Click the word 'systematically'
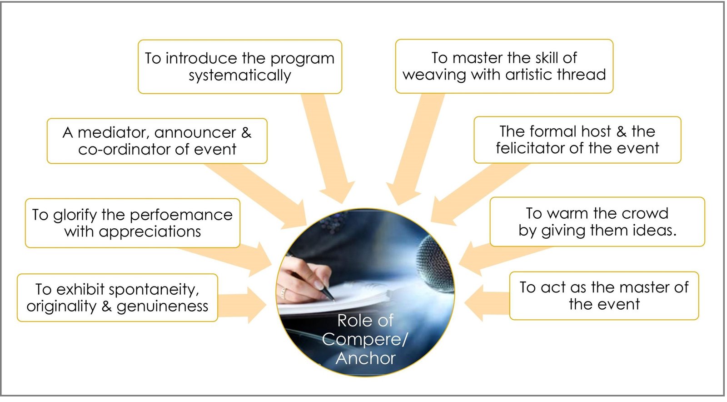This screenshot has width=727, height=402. [x=240, y=75]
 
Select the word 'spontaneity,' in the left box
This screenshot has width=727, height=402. [x=154, y=290]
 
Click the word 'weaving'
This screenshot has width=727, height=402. [x=434, y=75]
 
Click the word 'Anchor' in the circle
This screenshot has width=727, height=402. [x=365, y=358]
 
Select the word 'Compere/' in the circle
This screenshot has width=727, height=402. [x=364, y=340]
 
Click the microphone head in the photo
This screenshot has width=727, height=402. [x=434, y=265]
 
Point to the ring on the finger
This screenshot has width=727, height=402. [x=284, y=293]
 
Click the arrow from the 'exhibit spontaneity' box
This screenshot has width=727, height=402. [x=242, y=305]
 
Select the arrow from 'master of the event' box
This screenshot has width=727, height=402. [x=487, y=303]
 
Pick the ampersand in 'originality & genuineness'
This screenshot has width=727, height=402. [x=106, y=307]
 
